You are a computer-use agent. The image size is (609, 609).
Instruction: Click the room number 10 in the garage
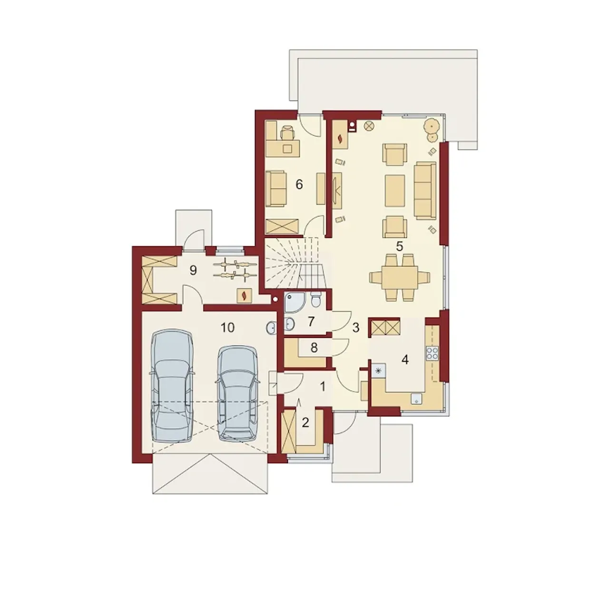227,328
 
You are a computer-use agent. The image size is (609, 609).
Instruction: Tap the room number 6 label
299,184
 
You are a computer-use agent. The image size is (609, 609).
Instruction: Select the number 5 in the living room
400,246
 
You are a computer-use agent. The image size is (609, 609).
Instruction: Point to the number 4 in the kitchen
405,360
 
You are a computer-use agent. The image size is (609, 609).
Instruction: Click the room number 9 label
193,270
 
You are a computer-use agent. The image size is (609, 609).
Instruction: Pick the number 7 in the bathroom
311,322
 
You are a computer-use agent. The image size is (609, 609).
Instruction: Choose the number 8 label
314,348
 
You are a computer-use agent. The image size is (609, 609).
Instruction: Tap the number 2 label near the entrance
305,422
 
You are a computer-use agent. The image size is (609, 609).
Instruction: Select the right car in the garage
238,393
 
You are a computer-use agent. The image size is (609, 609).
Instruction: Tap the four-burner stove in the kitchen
432,354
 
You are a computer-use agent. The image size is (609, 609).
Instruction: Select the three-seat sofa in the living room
425,190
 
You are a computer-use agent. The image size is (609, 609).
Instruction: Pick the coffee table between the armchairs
395,191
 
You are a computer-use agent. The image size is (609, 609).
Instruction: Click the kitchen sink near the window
416,400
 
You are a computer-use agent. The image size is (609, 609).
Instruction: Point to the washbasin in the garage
271,328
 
